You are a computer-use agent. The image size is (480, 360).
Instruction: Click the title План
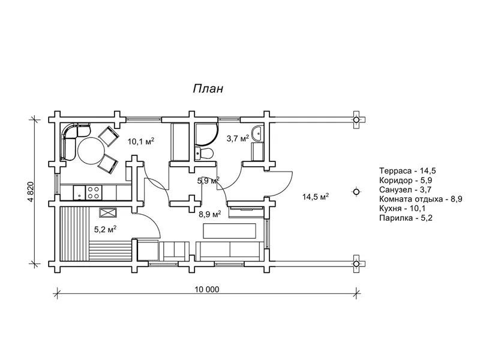(208, 88)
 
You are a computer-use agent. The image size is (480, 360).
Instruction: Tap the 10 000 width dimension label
(206, 289)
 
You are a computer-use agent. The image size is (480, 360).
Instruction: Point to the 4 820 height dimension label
(29, 191)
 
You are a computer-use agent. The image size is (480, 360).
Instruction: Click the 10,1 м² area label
(140, 142)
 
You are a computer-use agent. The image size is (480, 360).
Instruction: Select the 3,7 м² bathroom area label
(238, 139)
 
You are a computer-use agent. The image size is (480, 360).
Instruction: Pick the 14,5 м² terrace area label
(316, 197)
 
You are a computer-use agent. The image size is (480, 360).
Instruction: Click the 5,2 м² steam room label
(105, 229)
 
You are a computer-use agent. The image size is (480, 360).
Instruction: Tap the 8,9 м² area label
(209, 214)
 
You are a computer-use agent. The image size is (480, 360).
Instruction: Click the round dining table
(91, 151)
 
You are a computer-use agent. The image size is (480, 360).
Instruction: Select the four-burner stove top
(94, 193)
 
